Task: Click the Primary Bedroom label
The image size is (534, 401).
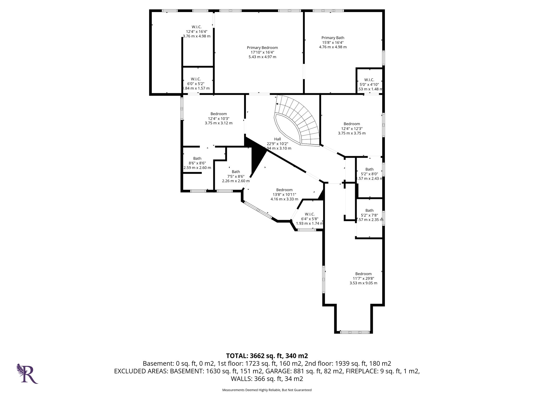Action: [262, 52]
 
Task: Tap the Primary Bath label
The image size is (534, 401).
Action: [333, 42]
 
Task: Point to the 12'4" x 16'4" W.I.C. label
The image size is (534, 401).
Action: [196, 31]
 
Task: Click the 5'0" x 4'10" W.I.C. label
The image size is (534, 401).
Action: [369, 84]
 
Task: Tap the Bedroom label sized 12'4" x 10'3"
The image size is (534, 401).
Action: [219, 118]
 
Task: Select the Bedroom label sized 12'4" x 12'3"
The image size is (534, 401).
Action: [352, 128]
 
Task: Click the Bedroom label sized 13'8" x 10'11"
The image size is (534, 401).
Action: [284, 194]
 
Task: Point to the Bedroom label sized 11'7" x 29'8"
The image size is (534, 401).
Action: [363, 278]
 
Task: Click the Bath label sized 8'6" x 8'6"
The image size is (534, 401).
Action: [197, 163]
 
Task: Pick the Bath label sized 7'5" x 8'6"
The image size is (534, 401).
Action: [236, 176]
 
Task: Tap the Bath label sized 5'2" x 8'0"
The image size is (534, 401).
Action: [369, 174]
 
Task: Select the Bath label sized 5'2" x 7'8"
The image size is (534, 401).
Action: [369, 215]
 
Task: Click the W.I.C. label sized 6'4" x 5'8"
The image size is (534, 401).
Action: [310, 219]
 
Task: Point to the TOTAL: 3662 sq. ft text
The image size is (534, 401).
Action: [267, 356]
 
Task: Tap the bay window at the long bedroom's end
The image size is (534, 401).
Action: [355, 332]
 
